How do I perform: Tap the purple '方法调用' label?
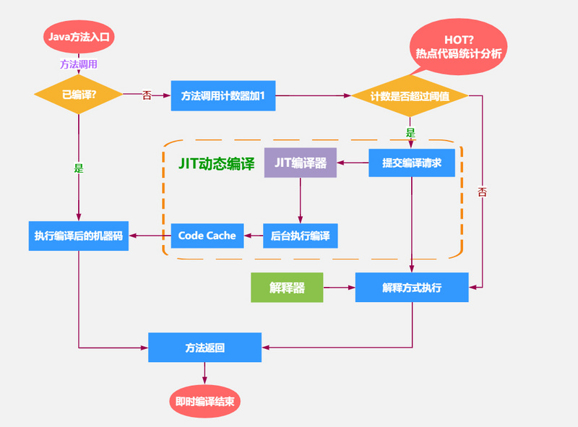[x=79, y=64]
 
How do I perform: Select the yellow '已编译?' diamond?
[x=79, y=95]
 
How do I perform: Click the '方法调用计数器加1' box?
[x=223, y=95]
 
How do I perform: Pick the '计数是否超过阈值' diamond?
[x=410, y=96]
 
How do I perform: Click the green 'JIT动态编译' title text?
[x=216, y=163]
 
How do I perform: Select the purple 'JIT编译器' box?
[x=300, y=163]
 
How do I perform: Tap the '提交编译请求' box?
[x=412, y=163]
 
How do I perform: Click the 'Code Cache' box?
[x=207, y=236]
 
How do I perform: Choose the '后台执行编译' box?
[x=300, y=236]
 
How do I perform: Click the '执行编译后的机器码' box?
[x=79, y=236]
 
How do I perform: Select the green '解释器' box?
[x=287, y=288]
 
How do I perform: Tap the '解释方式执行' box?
[x=412, y=288]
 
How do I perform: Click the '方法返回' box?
[x=204, y=348]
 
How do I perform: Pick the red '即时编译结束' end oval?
[x=204, y=402]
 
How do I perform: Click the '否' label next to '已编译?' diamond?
[x=147, y=95]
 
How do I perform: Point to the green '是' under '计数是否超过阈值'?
[x=410, y=133]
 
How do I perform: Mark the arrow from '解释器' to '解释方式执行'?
[x=339, y=288]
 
